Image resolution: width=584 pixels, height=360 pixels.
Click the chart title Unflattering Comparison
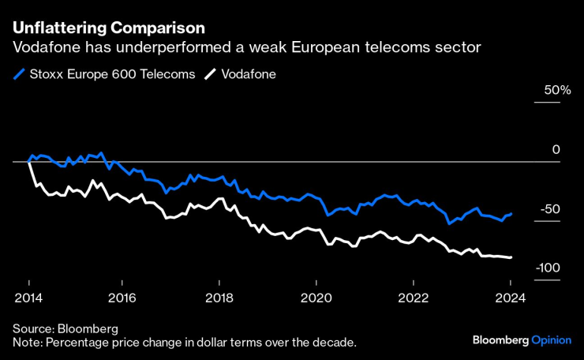tap(108, 28)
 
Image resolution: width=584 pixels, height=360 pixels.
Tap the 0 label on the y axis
tap(556, 150)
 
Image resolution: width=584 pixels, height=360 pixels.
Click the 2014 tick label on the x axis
tap(28, 298)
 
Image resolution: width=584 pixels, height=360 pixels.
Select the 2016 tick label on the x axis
tap(124, 298)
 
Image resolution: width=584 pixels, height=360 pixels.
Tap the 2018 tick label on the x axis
tap(219, 298)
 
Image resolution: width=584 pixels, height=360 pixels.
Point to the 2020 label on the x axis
tap(316, 298)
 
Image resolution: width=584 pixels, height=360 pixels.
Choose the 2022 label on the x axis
tap(413, 298)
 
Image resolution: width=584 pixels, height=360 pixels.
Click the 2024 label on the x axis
tap(510, 298)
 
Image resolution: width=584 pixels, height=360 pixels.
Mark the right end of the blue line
tap(511, 213)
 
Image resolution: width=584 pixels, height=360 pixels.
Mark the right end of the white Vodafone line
tap(511, 257)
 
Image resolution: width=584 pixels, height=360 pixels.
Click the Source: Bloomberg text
tap(65, 328)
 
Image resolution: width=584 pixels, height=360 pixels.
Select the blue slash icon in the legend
tap(18, 75)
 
